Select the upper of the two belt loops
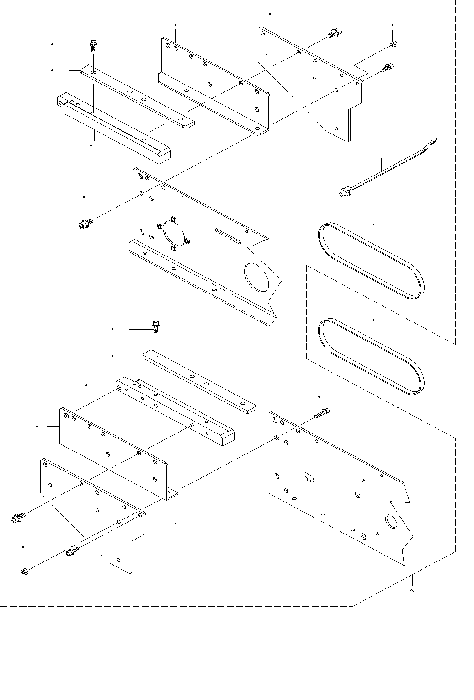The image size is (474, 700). point(371,261)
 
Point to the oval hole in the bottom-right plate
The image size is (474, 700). point(309,477)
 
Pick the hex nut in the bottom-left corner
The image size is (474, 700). point(25,571)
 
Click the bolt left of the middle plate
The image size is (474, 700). point(85,224)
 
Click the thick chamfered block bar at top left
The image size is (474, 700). point(114,130)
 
